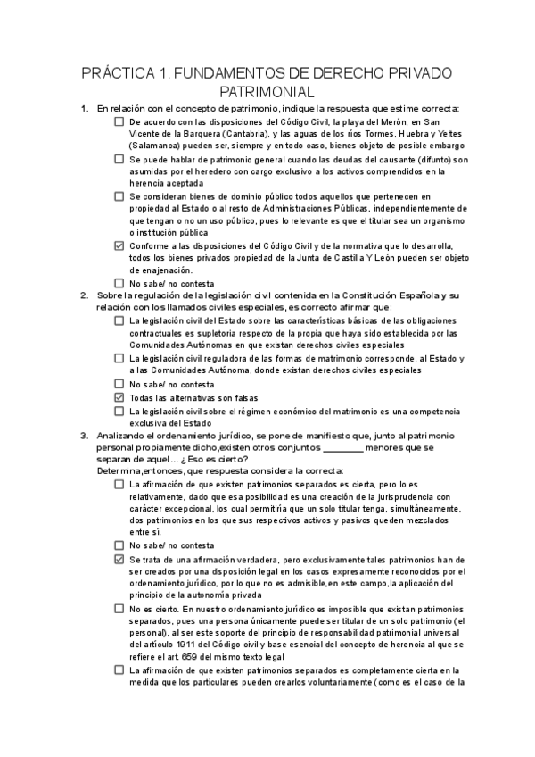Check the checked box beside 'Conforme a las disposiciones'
tap(119, 245)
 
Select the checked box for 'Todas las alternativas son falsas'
tap(119, 396)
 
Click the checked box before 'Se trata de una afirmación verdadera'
tap(119, 559)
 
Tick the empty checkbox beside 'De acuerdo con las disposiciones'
tap(119, 121)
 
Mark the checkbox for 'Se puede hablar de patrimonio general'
tap(119, 158)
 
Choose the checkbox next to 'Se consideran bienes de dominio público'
tap(119, 195)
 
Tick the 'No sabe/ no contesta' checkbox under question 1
tap(119, 283)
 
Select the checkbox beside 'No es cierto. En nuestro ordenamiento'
tap(119, 609)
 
